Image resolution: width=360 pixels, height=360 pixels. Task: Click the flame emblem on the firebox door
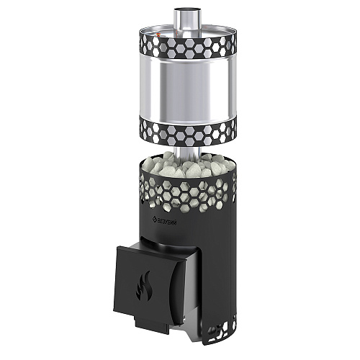coord(143,286)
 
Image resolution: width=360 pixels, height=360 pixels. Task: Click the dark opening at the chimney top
coord(187,10)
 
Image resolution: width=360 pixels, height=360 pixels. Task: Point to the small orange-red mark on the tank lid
coord(158,35)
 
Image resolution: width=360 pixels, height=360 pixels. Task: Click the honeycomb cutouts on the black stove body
coord(187,193)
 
